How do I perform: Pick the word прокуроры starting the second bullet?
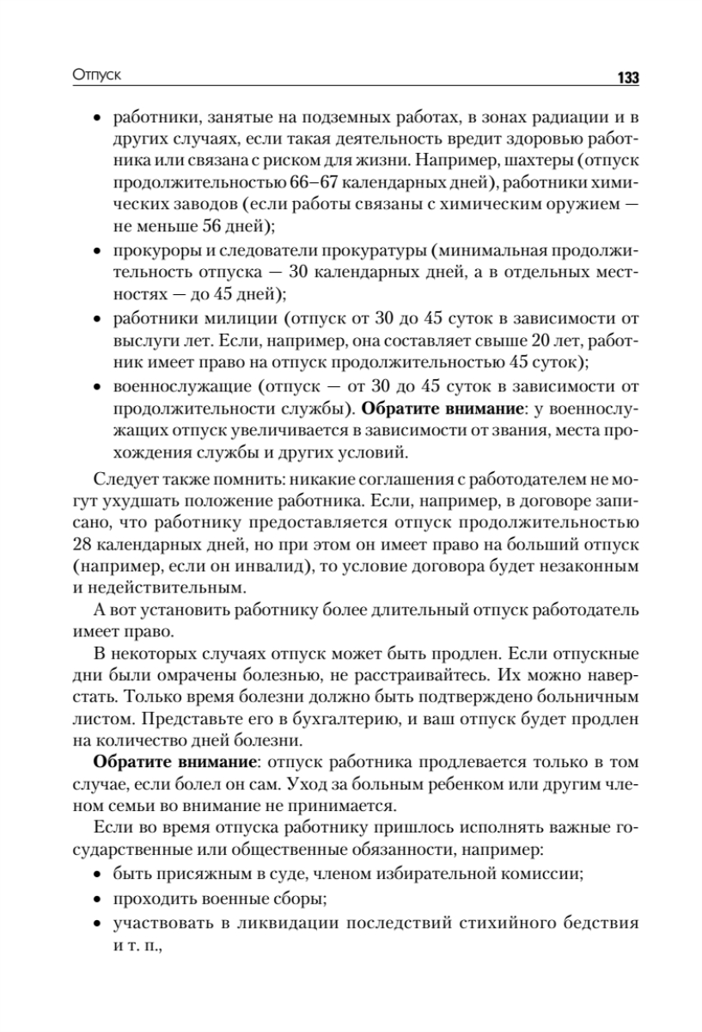149,251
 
